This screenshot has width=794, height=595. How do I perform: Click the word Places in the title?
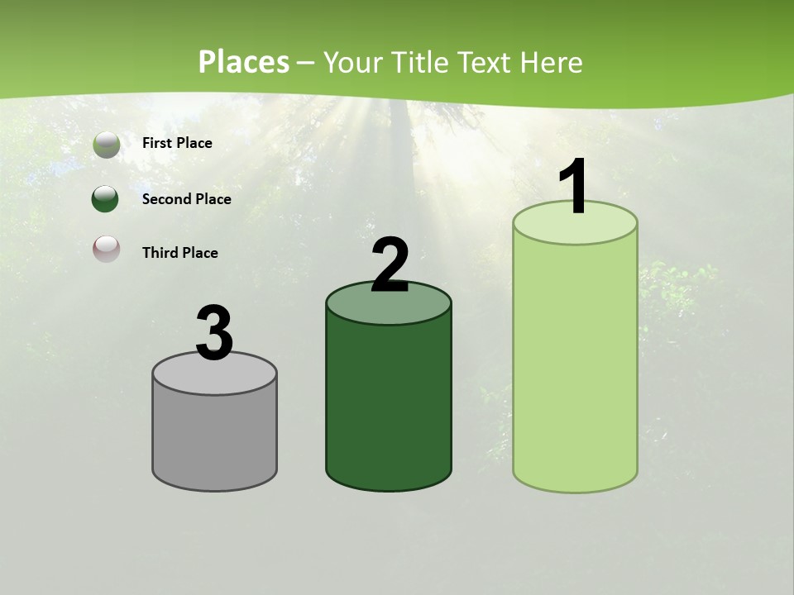click(243, 62)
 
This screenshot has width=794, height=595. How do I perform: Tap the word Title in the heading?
click(419, 62)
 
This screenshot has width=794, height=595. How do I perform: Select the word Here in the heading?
click(552, 62)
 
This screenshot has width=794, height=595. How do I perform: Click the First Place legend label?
click(177, 143)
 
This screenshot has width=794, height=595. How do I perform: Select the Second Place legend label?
click(186, 199)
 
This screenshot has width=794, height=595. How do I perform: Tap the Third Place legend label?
click(179, 253)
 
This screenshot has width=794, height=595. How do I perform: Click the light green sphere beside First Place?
click(106, 145)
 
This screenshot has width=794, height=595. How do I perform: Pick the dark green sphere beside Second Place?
click(106, 199)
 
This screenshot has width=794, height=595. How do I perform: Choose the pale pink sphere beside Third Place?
click(106, 249)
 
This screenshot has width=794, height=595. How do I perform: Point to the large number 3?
click(215, 333)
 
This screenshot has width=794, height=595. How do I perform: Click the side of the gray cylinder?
click(215, 438)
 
